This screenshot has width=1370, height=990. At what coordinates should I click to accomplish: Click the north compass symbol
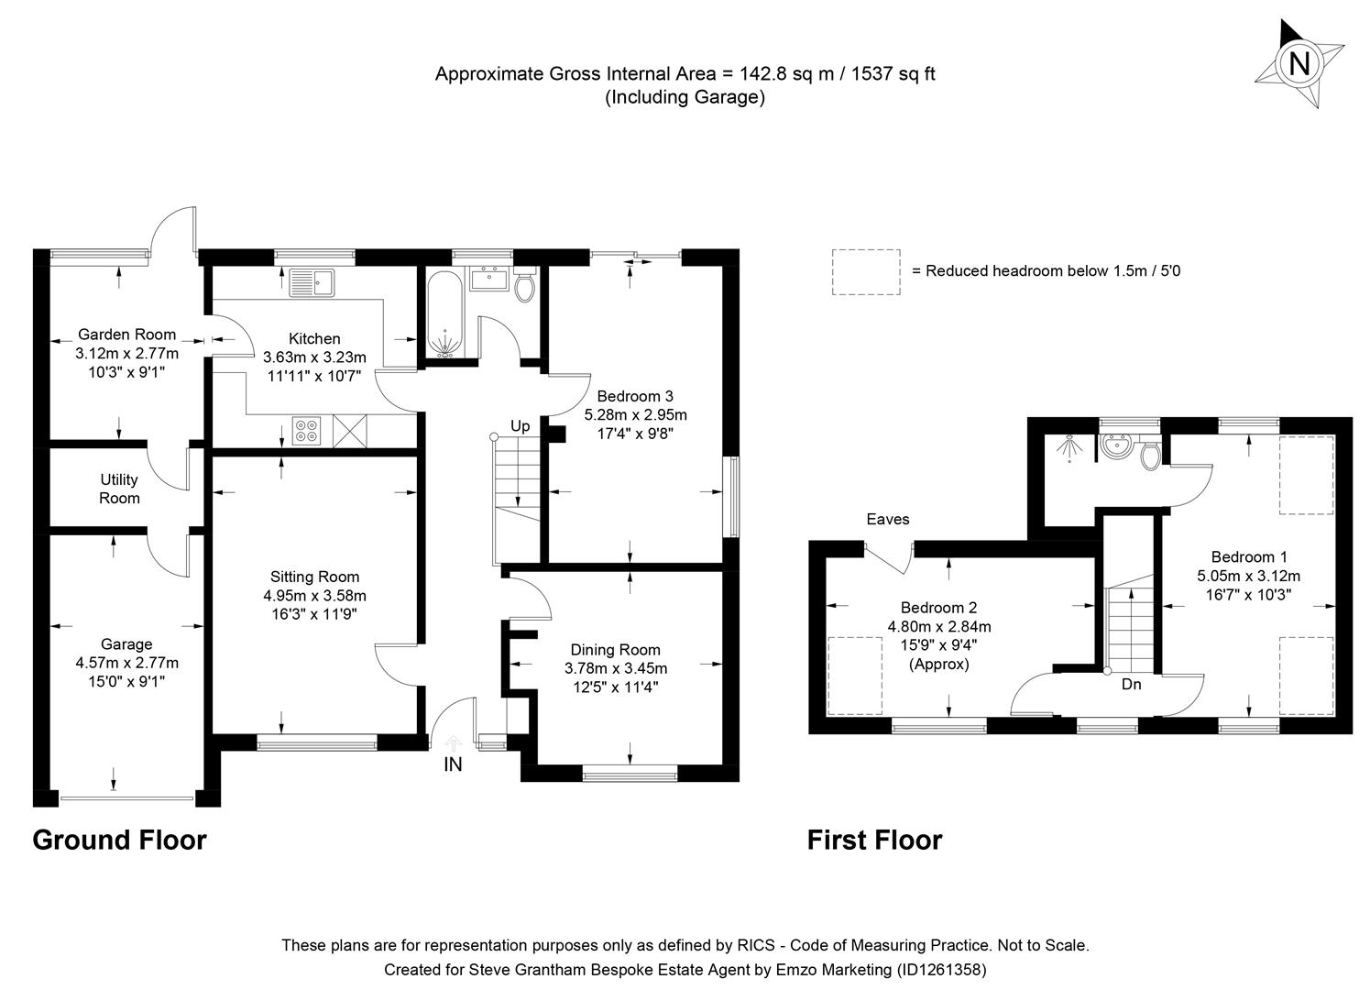click(x=1299, y=64)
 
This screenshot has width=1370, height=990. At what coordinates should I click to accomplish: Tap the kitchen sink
click(x=312, y=282)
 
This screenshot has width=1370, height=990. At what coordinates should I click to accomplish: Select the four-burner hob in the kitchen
click(x=306, y=430)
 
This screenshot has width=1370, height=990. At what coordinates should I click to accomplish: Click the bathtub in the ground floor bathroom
click(x=446, y=313)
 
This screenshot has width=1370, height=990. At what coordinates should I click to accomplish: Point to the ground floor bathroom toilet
click(x=525, y=287)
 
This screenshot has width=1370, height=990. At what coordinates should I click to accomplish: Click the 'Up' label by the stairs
click(x=520, y=426)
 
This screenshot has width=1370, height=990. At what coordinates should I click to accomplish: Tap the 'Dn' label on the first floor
click(x=1131, y=684)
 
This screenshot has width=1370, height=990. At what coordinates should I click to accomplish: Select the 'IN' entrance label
click(x=453, y=764)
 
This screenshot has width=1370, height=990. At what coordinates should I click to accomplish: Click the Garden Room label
click(x=126, y=335)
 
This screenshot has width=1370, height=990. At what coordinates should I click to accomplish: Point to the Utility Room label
click(x=119, y=489)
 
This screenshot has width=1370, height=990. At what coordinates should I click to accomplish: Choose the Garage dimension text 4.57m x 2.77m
click(x=126, y=663)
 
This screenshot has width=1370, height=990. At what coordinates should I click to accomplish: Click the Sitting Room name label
click(x=314, y=577)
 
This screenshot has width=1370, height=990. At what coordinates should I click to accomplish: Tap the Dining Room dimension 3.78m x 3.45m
click(x=615, y=668)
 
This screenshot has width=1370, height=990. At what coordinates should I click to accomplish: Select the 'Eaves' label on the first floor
click(x=888, y=520)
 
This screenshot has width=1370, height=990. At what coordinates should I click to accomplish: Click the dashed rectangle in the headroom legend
click(x=866, y=271)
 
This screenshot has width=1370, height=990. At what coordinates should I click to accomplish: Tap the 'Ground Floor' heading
click(x=119, y=840)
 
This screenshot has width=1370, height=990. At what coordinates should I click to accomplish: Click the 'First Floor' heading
click(x=874, y=840)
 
